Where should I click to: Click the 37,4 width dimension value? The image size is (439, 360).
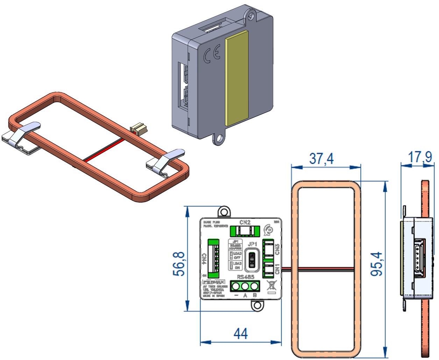(x=321, y=158)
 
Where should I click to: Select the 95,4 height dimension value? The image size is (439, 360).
(x=377, y=264)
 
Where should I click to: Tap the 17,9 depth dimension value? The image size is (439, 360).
(x=420, y=157)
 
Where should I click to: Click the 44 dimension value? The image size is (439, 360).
(x=241, y=333)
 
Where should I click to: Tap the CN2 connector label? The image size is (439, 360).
(x=245, y=222)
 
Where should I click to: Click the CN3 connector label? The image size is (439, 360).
(x=277, y=249)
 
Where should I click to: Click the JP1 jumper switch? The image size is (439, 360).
(x=251, y=261)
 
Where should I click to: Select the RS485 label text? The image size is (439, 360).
(x=245, y=277)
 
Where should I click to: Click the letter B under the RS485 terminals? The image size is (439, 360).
(x=255, y=296)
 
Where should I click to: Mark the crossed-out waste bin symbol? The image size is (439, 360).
(x=271, y=286)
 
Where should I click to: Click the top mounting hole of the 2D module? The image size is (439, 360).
(x=224, y=212)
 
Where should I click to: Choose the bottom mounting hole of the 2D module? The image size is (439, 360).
(x=257, y=305)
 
